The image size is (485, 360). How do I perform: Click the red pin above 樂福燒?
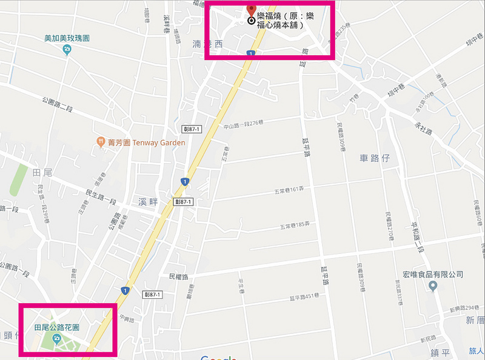pyautogui.click(x=252, y=11)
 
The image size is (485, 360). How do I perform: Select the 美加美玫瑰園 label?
pyautogui.click(x=67, y=38)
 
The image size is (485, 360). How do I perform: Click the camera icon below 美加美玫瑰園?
pyautogui.click(x=67, y=50)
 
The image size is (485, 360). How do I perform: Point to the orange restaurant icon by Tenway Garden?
pyautogui.click(x=101, y=142)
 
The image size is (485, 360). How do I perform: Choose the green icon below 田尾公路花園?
pyautogui.click(x=58, y=339)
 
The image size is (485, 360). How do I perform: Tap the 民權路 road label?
pyautogui.click(x=179, y=276)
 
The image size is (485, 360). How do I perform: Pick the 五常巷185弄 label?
pyautogui.click(x=295, y=225)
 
